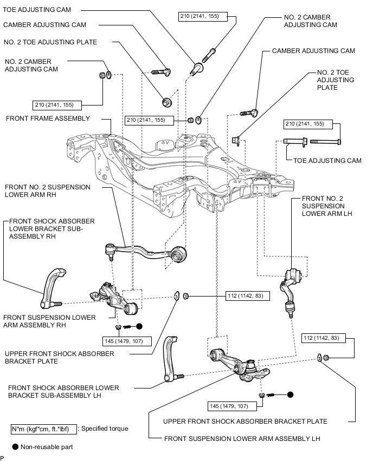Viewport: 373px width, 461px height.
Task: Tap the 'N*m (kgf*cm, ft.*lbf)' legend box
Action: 44,429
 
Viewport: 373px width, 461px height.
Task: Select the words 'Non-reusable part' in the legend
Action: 47,447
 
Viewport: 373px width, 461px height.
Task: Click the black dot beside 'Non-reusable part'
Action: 15,447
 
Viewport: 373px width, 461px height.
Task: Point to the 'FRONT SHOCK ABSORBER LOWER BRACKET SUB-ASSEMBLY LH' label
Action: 64,392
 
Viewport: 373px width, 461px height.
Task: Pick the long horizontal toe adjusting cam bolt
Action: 312,142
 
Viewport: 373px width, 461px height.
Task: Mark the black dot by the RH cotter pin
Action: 139,327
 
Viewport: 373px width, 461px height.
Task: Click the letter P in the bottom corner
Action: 3,457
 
